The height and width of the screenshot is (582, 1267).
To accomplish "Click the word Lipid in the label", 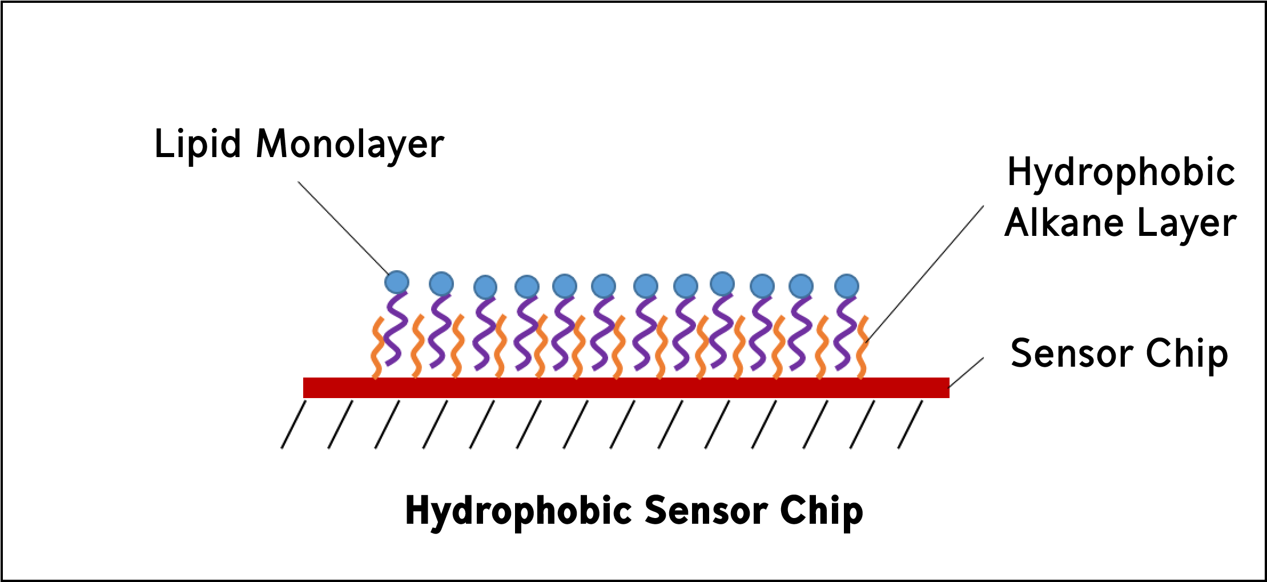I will [198, 144].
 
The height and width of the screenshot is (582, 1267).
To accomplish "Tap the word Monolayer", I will [349, 144].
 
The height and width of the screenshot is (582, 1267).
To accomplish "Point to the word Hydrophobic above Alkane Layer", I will [1121, 172].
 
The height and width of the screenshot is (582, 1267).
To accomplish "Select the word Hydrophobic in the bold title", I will [518, 511].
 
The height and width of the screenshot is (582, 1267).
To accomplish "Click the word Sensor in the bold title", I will [706, 510].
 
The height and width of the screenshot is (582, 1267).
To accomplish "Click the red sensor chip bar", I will [626, 388].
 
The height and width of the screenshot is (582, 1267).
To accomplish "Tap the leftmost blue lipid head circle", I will [397, 282].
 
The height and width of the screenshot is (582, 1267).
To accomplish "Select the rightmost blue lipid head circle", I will [846, 286].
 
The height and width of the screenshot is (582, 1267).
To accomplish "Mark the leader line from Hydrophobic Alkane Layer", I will [925, 274].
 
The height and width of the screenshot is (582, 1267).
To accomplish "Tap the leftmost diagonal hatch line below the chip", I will [293, 424].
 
